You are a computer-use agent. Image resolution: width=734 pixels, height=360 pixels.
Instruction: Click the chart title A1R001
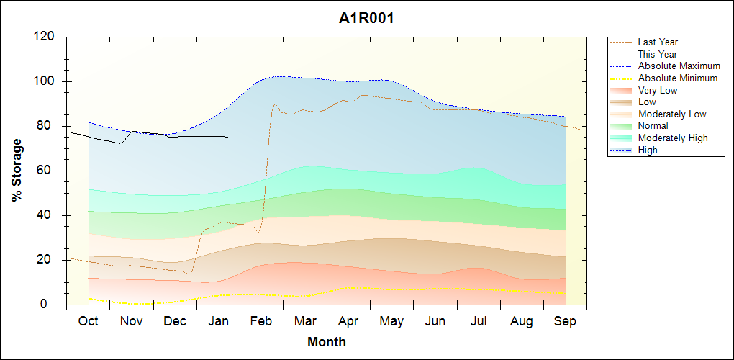click(x=366, y=19)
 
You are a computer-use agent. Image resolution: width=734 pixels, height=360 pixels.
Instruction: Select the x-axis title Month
click(x=327, y=342)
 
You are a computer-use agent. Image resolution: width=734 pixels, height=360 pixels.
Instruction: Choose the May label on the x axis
click(x=391, y=321)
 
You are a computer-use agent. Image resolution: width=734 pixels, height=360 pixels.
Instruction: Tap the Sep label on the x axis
click(x=565, y=321)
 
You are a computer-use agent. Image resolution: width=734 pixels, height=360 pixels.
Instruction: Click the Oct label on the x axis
click(x=88, y=321)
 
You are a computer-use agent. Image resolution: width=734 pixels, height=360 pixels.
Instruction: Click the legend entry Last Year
click(x=658, y=42)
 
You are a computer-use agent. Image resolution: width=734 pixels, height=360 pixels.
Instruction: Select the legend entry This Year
click(x=658, y=54)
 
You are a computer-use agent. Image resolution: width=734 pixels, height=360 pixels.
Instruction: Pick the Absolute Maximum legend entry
click(x=679, y=66)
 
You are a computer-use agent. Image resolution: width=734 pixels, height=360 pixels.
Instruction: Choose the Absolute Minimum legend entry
click(x=678, y=78)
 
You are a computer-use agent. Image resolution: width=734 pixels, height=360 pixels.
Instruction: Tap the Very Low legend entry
click(x=658, y=90)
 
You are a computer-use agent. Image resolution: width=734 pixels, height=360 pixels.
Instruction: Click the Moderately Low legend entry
click(x=672, y=114)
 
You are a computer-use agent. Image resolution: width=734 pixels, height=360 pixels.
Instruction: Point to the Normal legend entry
click(x=653, y=126)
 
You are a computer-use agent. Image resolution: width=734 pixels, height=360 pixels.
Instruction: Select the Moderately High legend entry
click(x=673, y=138)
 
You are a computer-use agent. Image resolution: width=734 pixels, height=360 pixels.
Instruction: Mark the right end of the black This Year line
click(x=231, y=138)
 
